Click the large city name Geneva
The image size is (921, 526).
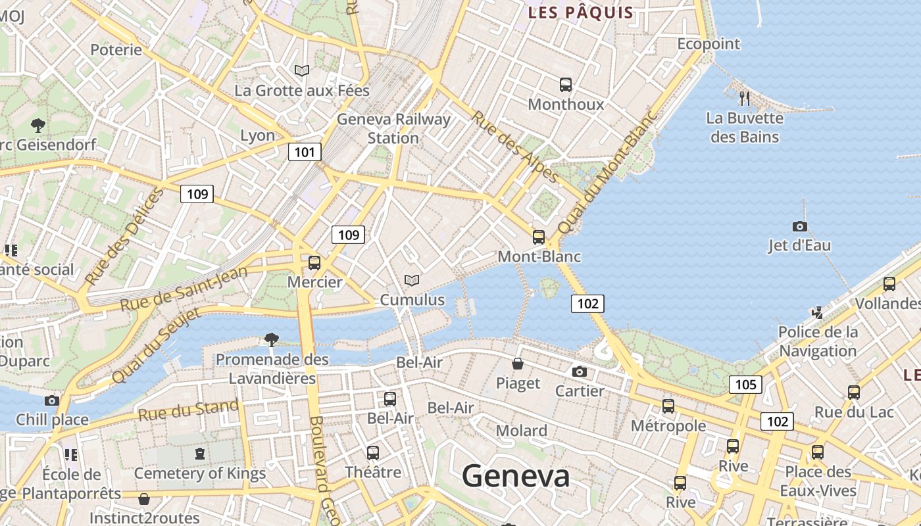pyautogui.click(x=516, y=475)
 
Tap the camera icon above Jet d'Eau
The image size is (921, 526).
pyautogui.click(x=799, y=226)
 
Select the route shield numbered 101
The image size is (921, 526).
pyautogui.click(x=305, y=153)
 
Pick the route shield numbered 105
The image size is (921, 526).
pyautogui.click(x=745, y=384)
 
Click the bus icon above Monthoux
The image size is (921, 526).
pyautogui.click(x=566, y=84)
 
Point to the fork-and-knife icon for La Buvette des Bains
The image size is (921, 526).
pyautogui.click(x=745, y=99)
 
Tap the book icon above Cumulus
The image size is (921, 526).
pyautogui.click(x=412, y=281)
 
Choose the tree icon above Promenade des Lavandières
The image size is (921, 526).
pyautogui.click(x=271, y=339)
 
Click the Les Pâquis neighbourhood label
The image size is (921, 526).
pyautogui.click(x=581, y=12)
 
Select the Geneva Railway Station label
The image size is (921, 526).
pyautogui.click(x=393, y=128)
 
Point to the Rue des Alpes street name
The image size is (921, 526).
pyautogui.click(x=515, y=146)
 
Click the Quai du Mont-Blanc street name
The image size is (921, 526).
pyautogui.click(x=607, y=172)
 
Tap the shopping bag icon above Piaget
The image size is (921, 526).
pyautogui.click(x=518, y=364)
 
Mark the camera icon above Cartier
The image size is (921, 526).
pyautogui.click(x=580, y=371)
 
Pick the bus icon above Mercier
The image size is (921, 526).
pyautogui.click(x=314, y=263)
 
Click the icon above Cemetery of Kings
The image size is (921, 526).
pyautogui.click(x=200, y=453)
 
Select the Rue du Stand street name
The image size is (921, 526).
pyautogui.click(x=188, y=410)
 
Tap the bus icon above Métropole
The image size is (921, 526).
pyautogui.click(x=668, y=406)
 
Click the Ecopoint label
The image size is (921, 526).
pyautogui.click(x=709, y=44)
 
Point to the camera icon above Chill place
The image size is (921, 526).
pyautogui.click(x=52, y=400)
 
